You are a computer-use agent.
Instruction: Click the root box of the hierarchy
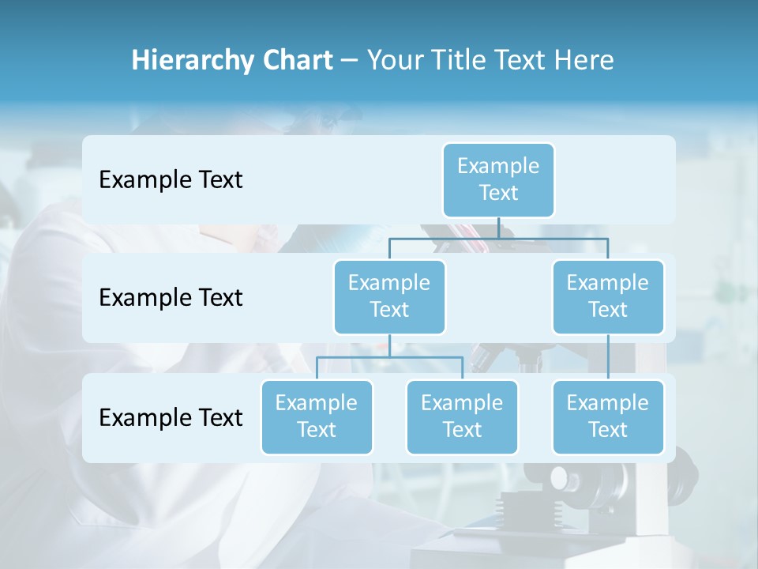point(498,179)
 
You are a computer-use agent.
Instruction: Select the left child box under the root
point(389,296)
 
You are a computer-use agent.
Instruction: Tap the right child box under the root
point(608,296)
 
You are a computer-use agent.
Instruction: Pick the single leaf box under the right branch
point(608,416)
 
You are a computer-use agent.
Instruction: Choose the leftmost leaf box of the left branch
point(317,416)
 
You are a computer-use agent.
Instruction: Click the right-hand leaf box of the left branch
point(462,416)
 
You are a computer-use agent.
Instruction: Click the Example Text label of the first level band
point(171,180)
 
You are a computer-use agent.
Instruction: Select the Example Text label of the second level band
point(171,298)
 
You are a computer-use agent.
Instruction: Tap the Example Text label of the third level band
point(171,417)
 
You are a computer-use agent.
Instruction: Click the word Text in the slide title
point(517,61)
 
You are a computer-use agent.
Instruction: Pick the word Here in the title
point(584,61)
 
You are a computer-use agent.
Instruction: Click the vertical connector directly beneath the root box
point(498,228)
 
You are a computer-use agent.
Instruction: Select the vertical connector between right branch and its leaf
point(608,357)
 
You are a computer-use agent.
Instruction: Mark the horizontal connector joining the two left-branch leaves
point(389,357)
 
